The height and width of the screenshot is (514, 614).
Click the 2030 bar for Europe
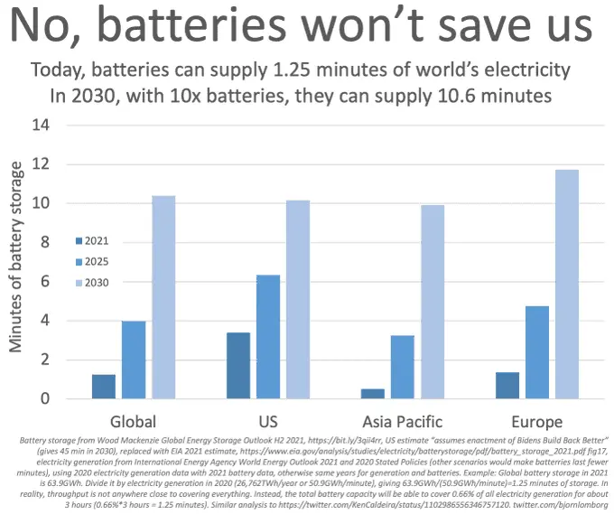pos(567,285)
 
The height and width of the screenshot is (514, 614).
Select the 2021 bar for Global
pos(104,387)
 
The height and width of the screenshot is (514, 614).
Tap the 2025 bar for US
pos(268,337)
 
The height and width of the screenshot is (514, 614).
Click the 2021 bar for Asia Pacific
pos(373,394)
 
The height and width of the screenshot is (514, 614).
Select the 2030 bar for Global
pos(163,297)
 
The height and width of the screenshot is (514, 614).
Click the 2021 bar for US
pos(238,366)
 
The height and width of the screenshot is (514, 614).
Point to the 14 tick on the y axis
pos(41,125)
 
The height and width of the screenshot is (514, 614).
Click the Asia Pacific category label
pos(403,422)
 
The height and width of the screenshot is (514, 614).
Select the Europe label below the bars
pos(536,422)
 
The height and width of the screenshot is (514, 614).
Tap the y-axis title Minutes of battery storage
pos(17,262)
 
